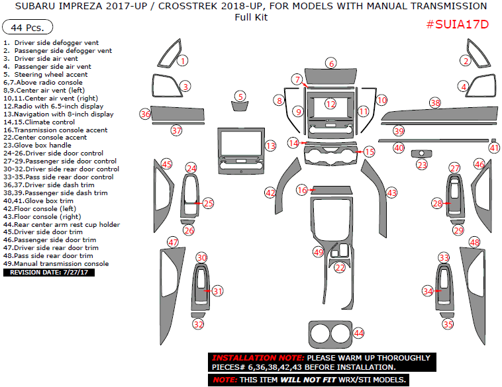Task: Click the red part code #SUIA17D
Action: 456,24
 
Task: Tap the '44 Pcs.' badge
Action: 28,28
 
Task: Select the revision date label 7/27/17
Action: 48,272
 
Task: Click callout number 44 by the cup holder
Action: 358,333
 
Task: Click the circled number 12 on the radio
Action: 330,105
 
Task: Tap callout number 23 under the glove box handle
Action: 422,165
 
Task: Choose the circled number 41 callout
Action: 493,148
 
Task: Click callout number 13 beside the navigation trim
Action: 270,146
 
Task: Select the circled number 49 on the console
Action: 319,252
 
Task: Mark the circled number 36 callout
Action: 146,114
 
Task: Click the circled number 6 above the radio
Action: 330,64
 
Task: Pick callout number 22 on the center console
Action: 340,268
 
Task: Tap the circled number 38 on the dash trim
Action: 435,103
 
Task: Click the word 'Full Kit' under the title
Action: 251,17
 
